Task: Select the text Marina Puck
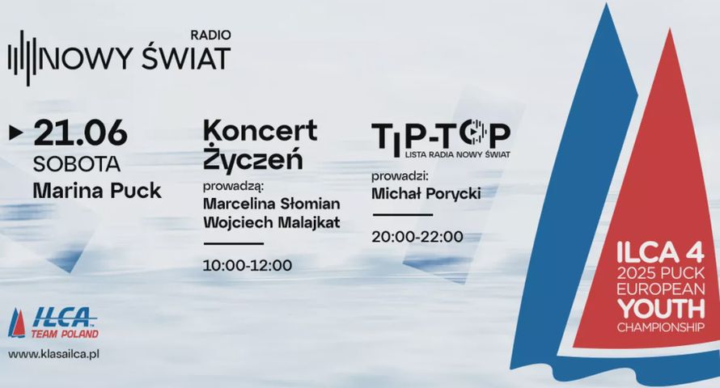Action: point(97,192)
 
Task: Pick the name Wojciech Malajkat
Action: point(270,221)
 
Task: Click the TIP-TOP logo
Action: point(440,135)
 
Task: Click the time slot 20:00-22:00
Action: point(417,237)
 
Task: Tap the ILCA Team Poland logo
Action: point(53,323)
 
